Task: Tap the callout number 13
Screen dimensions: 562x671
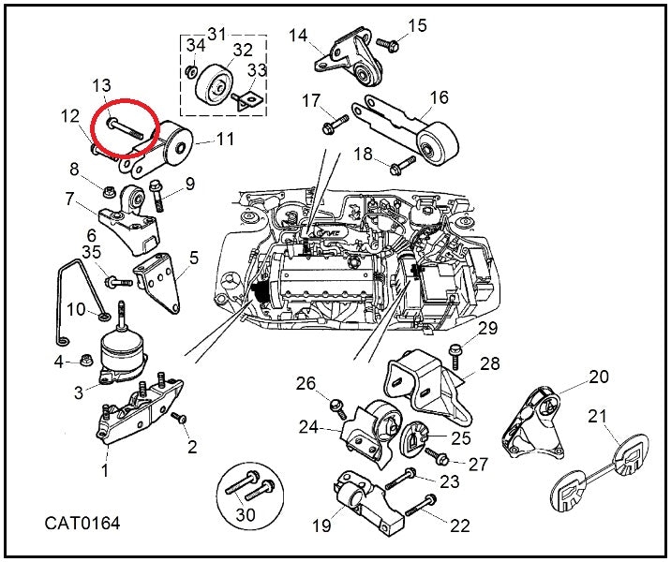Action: point(102,87)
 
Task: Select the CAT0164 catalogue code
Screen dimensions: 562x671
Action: point(82,523)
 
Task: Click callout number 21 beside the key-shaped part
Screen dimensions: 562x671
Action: point(597,416)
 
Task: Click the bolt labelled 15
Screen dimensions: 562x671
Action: point(385,42)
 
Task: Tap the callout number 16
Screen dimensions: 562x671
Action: point(440,96)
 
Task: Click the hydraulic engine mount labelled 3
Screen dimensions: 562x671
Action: point(123,356)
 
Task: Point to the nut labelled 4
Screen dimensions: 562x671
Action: point(84,361)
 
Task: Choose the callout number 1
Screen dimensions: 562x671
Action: point(105,471)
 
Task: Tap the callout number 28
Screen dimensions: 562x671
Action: point(490,362)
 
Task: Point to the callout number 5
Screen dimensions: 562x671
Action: point(194,257)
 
